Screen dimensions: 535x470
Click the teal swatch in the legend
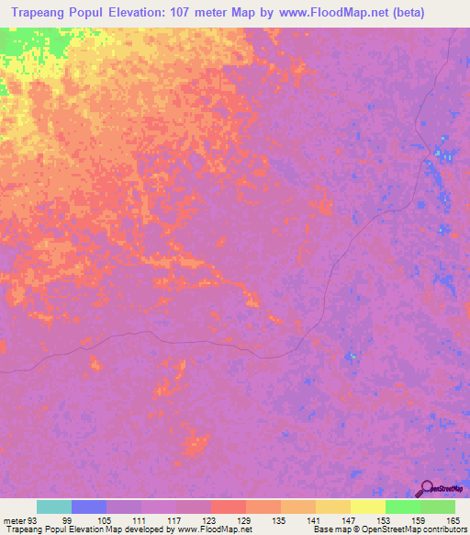[x=54, y=507]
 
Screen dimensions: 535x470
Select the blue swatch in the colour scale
[x=89, y=507]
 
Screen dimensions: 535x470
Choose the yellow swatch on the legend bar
[x=368, y=507]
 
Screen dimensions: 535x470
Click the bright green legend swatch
[x=403, y=507]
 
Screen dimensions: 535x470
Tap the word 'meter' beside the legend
[x=13, y=520]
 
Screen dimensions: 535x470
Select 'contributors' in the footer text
[x=440, y=529]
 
